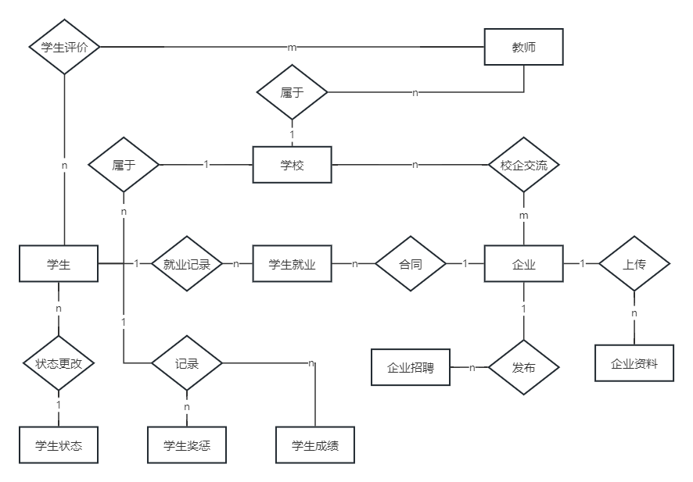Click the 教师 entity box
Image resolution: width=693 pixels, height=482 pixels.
[x=523, y=47]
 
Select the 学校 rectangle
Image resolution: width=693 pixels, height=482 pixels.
[x=292, y=165]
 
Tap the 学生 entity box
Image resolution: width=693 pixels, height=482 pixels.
[x=59, y=264]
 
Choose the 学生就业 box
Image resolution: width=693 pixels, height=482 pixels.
[x=292, y=264]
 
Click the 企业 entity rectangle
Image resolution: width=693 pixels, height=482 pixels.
[x=523, y=264]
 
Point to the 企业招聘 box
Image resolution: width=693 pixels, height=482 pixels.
[x=411, y=367]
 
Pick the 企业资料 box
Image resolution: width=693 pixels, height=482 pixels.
[x=634, y=363]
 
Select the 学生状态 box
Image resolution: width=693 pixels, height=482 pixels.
[x=59, y=445]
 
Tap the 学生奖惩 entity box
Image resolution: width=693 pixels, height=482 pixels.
[x=187, y=445]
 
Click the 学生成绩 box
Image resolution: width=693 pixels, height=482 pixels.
[x=314, y=445]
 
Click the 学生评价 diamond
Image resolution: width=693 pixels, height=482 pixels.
[x=64, y=47]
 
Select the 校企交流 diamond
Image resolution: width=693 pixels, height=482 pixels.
[x=523, y=165]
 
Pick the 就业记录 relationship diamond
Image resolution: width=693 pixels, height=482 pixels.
[x=187, y=264]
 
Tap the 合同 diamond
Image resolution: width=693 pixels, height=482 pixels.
[x=411, y=264]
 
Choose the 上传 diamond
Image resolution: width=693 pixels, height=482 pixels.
[x=634, y=264]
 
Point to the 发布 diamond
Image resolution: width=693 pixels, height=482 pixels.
[x=523, y=367]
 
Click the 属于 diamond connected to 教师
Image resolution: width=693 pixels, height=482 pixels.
[x=292, y=92]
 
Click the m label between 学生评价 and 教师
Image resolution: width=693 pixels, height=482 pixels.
[x=292, y=48]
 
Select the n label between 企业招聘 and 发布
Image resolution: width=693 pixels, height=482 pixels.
[x=472, y=367]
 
